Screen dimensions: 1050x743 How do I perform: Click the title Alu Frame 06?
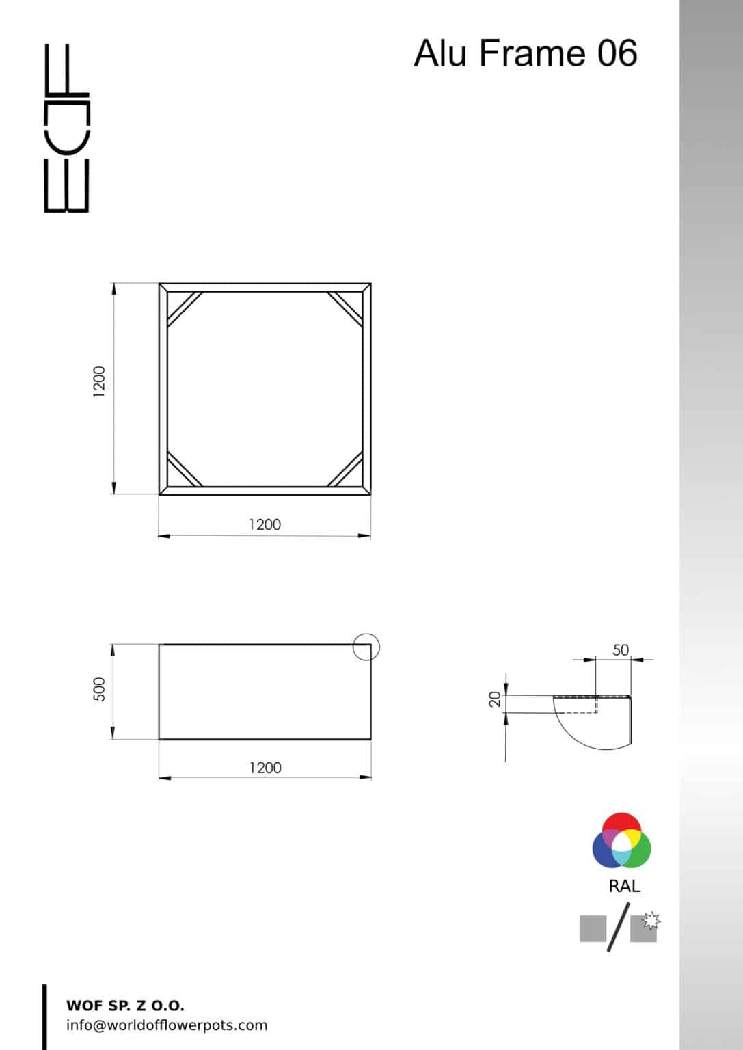(x=525, y=53)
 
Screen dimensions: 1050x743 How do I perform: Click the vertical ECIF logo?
(x=66, y=128)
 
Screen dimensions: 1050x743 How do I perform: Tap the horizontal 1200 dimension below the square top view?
(x=265, y=524)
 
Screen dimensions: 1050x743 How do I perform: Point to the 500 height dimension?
(x=100, y=688)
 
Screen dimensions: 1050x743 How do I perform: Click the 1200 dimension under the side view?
(x=265, y=768)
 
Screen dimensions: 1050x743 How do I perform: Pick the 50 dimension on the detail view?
(x=620, y=649)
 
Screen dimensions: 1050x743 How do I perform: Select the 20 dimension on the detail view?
(x=496, y=699)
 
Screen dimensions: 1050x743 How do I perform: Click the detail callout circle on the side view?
(x=366, y=647)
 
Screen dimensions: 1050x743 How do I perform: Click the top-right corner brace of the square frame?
(x=346, y=308)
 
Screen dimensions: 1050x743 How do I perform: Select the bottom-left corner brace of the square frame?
(x=184, y=469)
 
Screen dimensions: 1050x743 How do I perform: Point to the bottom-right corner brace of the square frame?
(x=346, y=469)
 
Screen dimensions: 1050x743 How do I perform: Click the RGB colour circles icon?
(x=621, y=840)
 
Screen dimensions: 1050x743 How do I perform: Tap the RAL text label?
(x=624, y=887)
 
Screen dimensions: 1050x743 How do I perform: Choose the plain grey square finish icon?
(x=593, y=929)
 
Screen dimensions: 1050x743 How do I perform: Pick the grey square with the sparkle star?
(x=645, y=928)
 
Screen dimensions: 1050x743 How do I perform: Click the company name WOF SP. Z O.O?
(x=125, y=1006)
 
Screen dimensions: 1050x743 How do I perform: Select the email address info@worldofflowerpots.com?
(x=167, y=1025)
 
